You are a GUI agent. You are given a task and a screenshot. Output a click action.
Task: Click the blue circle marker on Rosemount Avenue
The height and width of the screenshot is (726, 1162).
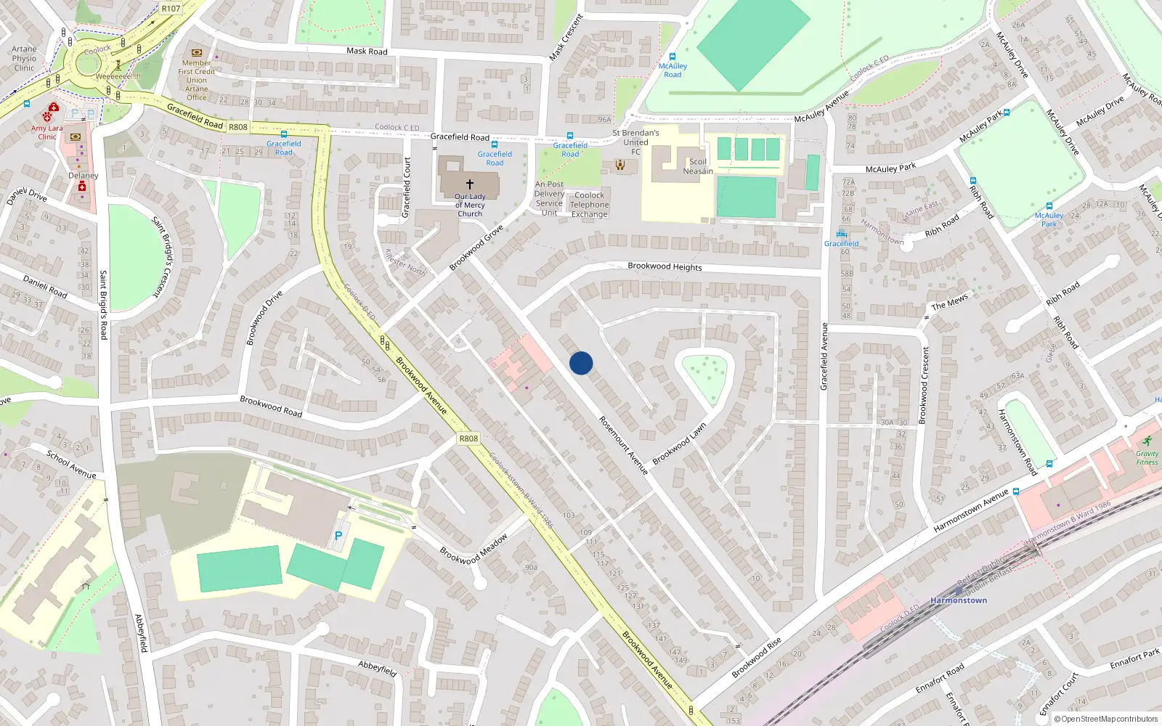(x=581, y=363)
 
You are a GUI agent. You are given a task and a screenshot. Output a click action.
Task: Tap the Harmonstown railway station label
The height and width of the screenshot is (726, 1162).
(x=959, y=600)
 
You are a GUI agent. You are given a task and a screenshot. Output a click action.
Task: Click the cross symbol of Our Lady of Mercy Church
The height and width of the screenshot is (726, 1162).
(x=470, y=184)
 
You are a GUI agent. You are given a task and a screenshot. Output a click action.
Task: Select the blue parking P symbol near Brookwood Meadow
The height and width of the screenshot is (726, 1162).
(x=338, y=536)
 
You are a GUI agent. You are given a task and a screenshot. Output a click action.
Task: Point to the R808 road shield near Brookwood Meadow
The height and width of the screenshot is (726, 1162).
(x=468, y=439)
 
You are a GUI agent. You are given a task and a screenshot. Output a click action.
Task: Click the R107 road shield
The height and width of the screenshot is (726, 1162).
(x=171, y=9)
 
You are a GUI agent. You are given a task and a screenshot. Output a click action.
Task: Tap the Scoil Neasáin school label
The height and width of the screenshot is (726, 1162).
(x=698, y=166)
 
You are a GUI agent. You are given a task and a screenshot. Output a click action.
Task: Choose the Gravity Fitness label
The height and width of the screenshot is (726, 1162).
(x=1147, y=457)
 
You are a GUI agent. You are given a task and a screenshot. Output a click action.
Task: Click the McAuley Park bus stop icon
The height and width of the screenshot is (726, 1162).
(x=1049, y=206)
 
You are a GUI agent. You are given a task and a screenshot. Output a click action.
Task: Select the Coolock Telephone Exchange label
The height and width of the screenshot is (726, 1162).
(x=589, y=205)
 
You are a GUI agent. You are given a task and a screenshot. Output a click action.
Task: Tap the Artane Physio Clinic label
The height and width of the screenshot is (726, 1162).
(x=24, y=59)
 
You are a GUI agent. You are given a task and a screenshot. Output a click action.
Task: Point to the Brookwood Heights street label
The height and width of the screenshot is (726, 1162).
(x=665, y=266)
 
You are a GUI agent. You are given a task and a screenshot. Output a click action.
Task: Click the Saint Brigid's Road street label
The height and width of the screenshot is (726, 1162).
(x=103, y=305)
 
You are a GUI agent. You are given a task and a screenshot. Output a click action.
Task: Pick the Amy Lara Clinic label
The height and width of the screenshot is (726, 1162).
(x=47, y=132)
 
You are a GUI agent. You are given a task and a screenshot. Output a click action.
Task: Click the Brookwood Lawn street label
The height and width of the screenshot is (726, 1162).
(x=679, y=444)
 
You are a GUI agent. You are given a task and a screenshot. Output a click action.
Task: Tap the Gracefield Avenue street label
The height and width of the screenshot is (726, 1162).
(x=824, y=356)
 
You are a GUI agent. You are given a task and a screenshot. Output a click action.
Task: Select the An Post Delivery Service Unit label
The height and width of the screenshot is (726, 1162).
(x=549, y=198)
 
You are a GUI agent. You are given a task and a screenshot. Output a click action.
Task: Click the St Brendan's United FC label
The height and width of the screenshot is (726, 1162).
(x=635, y=142)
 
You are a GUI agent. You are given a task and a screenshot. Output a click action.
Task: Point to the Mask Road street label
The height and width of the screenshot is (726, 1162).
(x=367, y=52)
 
